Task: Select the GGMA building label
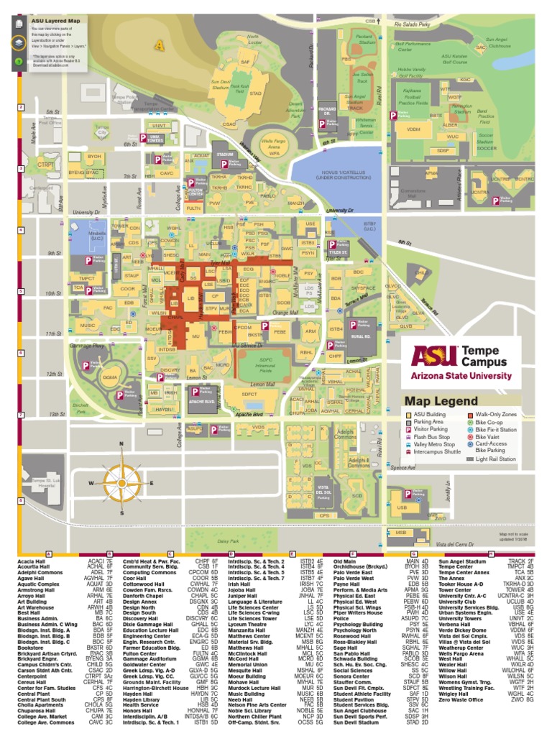coord(110,377)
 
